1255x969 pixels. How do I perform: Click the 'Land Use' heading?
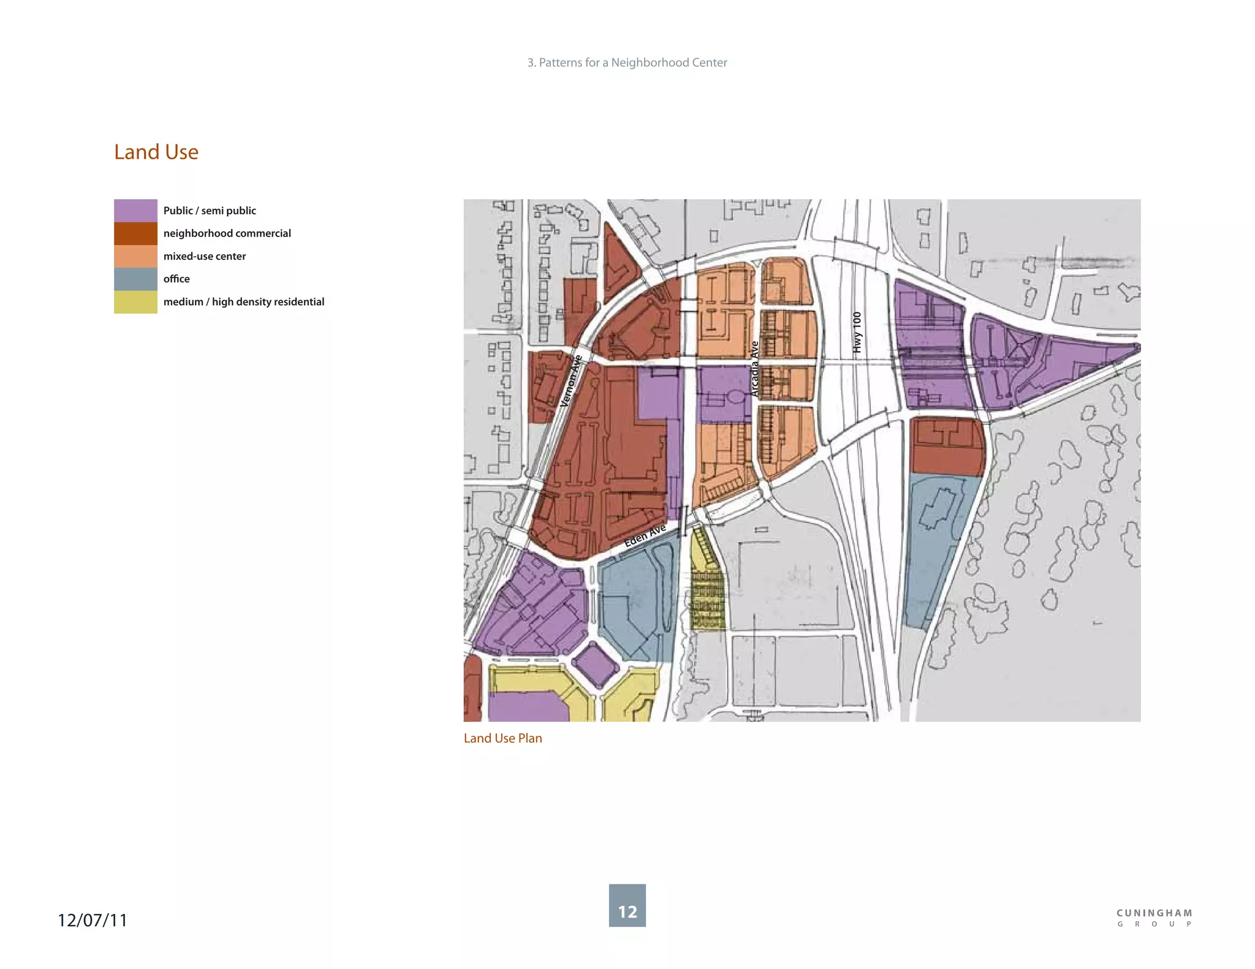[x=156, y=152]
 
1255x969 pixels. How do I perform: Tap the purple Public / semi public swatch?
[x=135, y=210]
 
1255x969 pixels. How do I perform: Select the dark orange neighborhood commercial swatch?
[x=135, y=233]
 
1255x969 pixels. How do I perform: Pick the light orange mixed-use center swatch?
[x=135, y=256]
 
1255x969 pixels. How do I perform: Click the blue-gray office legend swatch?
[x=135, y=279]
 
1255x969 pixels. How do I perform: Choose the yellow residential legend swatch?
[x=135, y=302]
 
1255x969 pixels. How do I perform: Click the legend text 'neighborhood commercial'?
[x=227, y=233]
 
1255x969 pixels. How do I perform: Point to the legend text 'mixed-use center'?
[x=204, y=256]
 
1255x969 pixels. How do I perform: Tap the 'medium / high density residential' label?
[x=243, y=302]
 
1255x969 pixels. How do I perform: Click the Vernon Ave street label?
[x=571, y=381]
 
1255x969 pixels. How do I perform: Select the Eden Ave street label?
[x=645, y=536]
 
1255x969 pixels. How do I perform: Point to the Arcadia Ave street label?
[x=755, y=369]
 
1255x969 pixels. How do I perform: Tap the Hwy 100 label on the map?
[x=857, y=333]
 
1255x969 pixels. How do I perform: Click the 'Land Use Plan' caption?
[x=502, y=738]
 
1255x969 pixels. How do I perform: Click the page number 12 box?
[x=627, y=905]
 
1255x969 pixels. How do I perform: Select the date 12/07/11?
[x=93, y=920]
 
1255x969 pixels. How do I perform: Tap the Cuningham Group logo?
[x=1154, y=918]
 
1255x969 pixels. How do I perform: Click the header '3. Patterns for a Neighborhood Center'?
[x=627, y=62]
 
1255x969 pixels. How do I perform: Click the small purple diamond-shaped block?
[x=595, y=665]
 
